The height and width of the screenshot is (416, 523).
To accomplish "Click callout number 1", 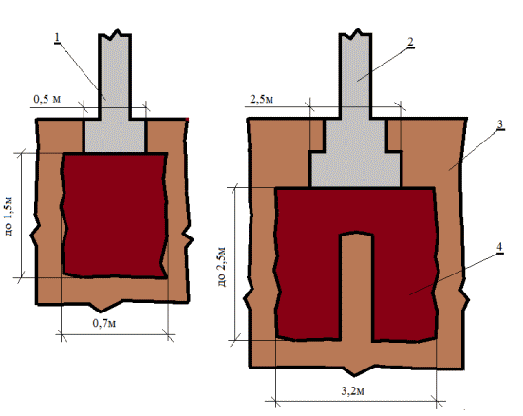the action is (57, 37).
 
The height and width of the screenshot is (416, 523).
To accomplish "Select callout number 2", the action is (410, 42).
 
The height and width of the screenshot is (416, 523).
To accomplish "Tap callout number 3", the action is (499, 124).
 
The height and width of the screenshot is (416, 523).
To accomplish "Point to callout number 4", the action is (499, 247).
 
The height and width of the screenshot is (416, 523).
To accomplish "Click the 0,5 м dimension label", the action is (47, 99).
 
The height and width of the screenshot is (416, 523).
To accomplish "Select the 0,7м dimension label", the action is (104, 323).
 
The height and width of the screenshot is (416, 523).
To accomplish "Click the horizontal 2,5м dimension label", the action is (262, 99).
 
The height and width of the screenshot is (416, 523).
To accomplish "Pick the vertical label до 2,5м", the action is (221, 267).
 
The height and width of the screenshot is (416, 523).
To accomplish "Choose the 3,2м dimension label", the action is (352, 391).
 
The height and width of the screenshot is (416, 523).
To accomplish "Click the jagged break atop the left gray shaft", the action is (115, 34).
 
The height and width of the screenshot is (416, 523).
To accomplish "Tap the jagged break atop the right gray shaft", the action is (356, 34).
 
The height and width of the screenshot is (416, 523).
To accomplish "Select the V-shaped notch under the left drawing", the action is (104, 305).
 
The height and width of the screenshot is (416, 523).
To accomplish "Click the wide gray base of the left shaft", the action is (115, 135).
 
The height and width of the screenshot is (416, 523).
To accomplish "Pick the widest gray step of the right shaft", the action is (356, 169).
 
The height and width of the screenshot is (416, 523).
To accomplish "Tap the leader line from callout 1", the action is (82, 71).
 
